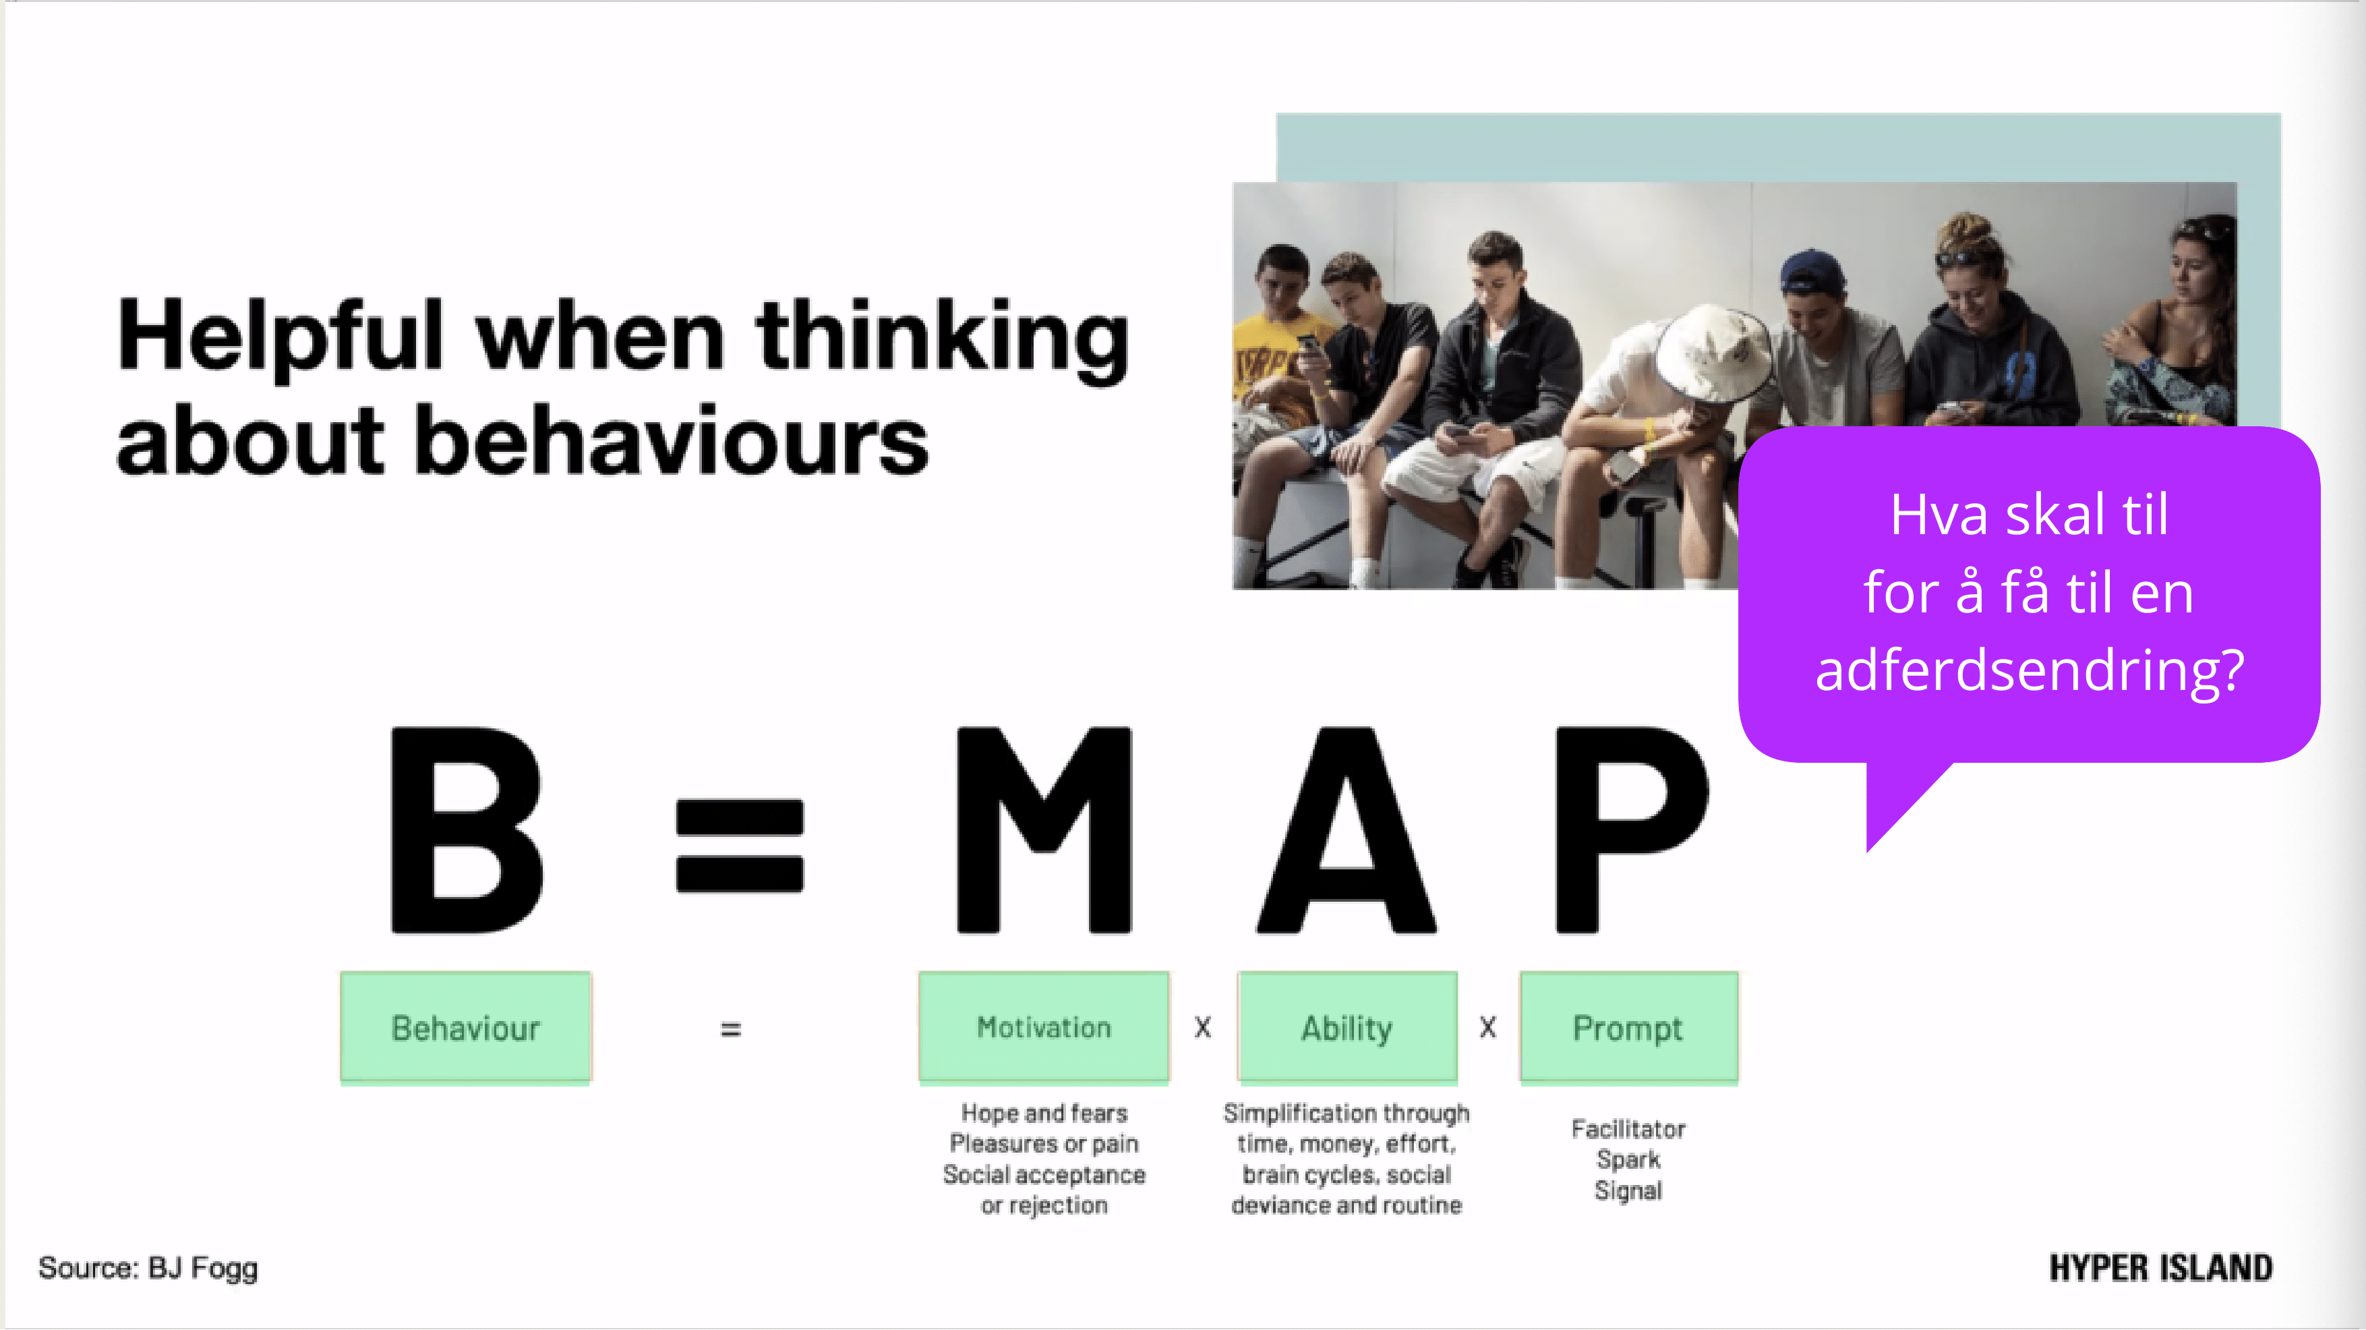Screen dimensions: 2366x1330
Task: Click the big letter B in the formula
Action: [467, 830]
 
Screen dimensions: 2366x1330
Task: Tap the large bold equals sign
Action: [740, 845]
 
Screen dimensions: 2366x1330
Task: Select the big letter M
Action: [1044, 830]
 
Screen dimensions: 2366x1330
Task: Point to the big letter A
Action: [1347, 830]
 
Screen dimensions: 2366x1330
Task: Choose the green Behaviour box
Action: [466, 1028]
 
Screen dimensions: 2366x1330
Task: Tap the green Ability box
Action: [1347, 1028]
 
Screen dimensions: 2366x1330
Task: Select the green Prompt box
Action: [1628, 1028]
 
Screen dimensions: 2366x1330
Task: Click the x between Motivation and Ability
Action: [1203, 1028]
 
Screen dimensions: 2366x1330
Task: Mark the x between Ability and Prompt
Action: [1488, 1028]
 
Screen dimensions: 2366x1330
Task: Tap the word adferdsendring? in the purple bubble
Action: [2030, 670]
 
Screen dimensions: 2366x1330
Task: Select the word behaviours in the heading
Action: [672, 441]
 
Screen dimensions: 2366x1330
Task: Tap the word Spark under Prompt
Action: [1628, 1159]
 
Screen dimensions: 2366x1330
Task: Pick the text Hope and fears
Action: [1044, 1114]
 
